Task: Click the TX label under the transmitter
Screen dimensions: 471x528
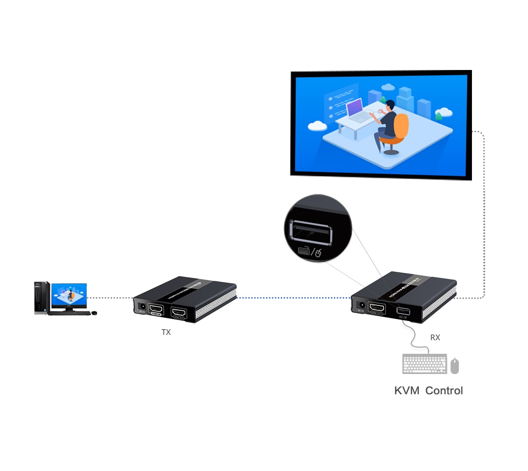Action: (166, 332)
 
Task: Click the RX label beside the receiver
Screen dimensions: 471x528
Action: (435, 338)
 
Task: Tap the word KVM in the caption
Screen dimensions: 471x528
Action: (407, 390)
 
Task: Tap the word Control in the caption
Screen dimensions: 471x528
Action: (444, 390)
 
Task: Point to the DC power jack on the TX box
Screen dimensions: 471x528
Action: (142, 305)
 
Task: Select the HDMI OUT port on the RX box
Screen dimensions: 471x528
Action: (377, 308)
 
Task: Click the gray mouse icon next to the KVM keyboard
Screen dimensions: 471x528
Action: (455, 366)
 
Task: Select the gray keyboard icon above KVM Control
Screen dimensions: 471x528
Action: (424, 364)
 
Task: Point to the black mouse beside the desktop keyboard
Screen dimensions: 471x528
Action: (94, 313)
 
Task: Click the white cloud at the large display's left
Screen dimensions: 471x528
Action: (317, 126)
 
